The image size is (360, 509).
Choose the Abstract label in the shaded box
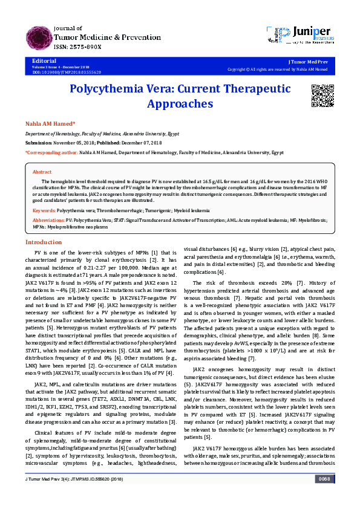pos(42,172)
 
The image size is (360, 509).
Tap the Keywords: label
pos(45,210)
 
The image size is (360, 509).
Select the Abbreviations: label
pos(49,220)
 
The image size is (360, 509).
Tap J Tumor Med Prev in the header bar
pos(309,62)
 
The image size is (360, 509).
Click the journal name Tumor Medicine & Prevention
pos(99,37)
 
